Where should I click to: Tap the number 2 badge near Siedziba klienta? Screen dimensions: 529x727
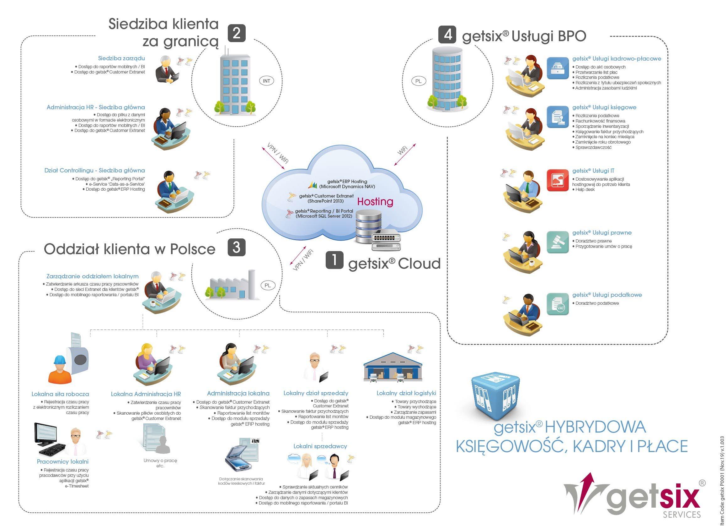[x=237, y=33]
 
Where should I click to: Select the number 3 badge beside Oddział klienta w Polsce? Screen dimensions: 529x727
[x=236, y=247]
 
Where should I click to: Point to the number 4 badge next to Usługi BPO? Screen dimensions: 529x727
[x=448, y=34]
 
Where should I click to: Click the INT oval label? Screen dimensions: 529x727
[x=266, y=81]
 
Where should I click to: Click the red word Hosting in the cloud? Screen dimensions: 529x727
[x=375, y=202]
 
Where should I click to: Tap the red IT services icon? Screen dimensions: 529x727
[x=558, y=180]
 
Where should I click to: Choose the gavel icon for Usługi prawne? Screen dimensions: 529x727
[x=558, y=242]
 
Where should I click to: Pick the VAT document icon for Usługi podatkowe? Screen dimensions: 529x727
[x=558, y=304]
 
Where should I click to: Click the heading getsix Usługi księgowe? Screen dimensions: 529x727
[x=604, y=107]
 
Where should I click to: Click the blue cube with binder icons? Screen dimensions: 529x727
[x=495, y=396]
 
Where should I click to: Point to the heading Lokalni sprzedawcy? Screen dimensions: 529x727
[x=320, y=446]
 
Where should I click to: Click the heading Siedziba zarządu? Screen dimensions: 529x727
[x=121, y=58]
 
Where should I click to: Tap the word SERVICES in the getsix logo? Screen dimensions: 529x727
[x=682, y=515]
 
